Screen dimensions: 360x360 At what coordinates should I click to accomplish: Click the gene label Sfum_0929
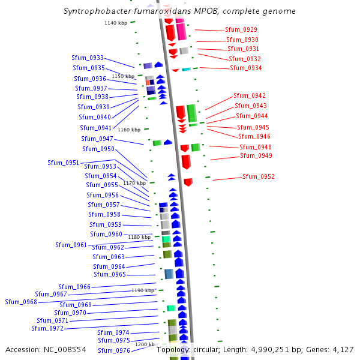pyautogui.click(x=241, y=29)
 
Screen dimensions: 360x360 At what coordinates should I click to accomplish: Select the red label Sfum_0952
pyautogui.click(x=259, y=176)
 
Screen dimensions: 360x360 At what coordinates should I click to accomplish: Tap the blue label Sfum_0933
pyautogui.click(x=88, y=58)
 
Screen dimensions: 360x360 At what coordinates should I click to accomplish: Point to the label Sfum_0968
pyautogui.click(x=21, y=302)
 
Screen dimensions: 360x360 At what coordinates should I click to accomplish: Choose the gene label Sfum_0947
pyautogui.click(x=97, y=139)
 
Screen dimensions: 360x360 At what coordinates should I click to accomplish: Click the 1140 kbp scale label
pyautogui.click(x=116, y=23)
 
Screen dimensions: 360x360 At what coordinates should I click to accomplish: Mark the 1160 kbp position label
pyautogui.click(x=129, y=130)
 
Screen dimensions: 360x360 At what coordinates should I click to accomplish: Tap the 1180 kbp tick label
pyautogui.click(x=139, y=237)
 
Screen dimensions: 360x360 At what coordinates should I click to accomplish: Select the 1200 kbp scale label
pyautogui.click(x=145, y=344)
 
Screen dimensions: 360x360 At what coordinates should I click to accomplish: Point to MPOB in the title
pyautogui.click(x=214, y=11)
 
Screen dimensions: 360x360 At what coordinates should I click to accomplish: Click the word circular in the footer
pyautogui.click(x=208, y=349)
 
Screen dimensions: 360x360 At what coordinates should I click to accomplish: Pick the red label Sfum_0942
pyautogui.click(x=250, y=95)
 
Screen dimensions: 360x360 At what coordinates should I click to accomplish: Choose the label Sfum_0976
pyautogui.click(x=114, y=350)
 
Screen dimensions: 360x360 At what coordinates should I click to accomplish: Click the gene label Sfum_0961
pyautogui.click(x=71, y=245)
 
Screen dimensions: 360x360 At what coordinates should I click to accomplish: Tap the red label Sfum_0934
pyautogui.click(x=246, y=68)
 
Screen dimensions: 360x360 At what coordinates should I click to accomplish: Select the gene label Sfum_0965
pyautogui.click(x=110, y=274)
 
